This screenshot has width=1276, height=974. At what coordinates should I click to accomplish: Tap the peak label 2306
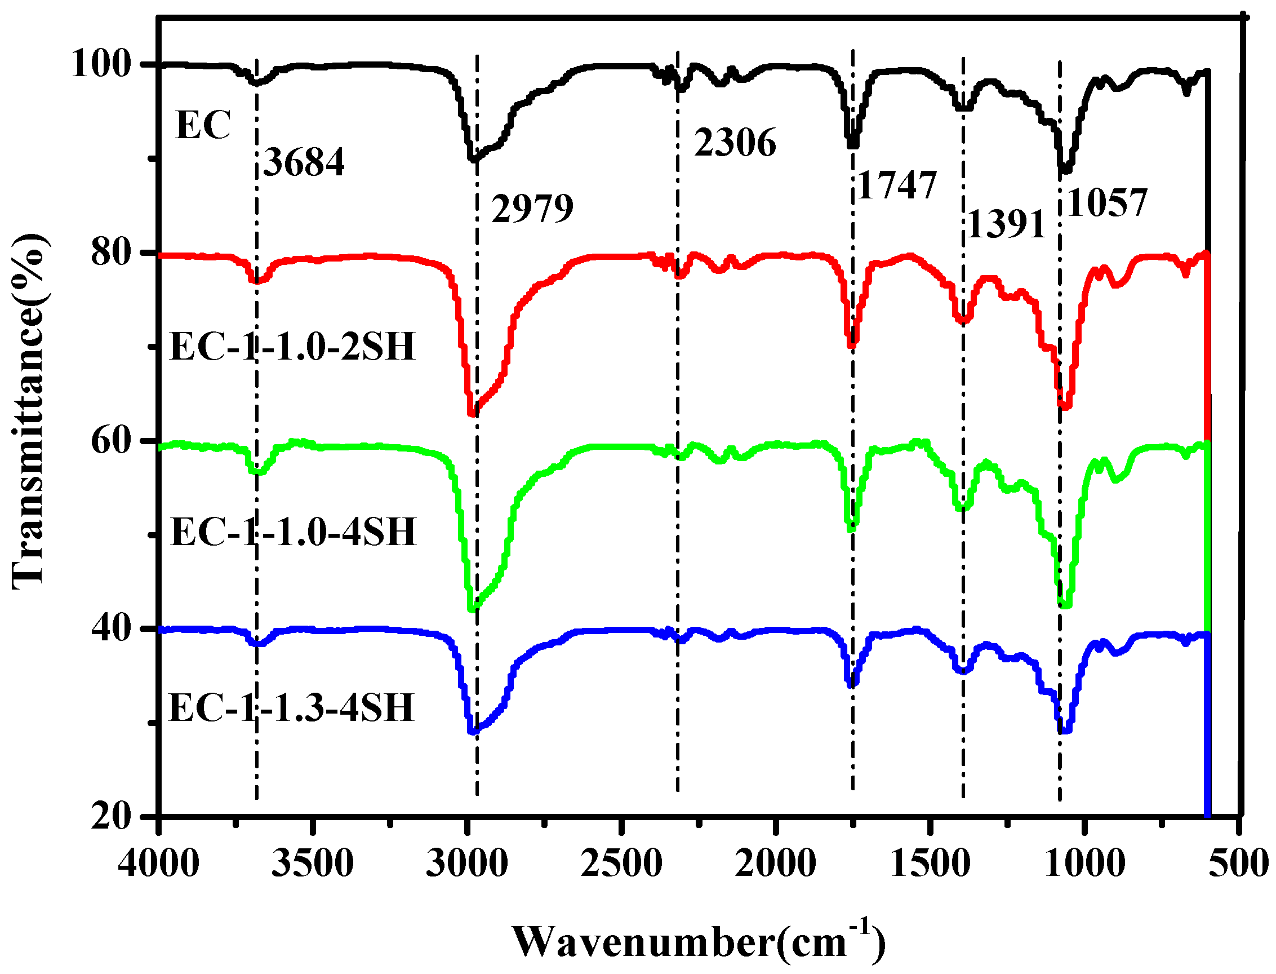coord(735,143)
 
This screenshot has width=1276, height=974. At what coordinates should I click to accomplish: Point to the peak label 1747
coord(896,185)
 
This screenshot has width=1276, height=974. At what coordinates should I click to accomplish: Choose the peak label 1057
coord(1106,203)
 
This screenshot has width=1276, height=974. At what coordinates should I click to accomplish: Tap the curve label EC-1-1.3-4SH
coord(291,708)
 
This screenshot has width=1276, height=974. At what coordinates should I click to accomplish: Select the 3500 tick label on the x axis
coord(312,864)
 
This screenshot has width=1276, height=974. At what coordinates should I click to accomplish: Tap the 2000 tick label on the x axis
coord(775,864)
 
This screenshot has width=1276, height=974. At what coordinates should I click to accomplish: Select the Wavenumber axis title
coord(698,942)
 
